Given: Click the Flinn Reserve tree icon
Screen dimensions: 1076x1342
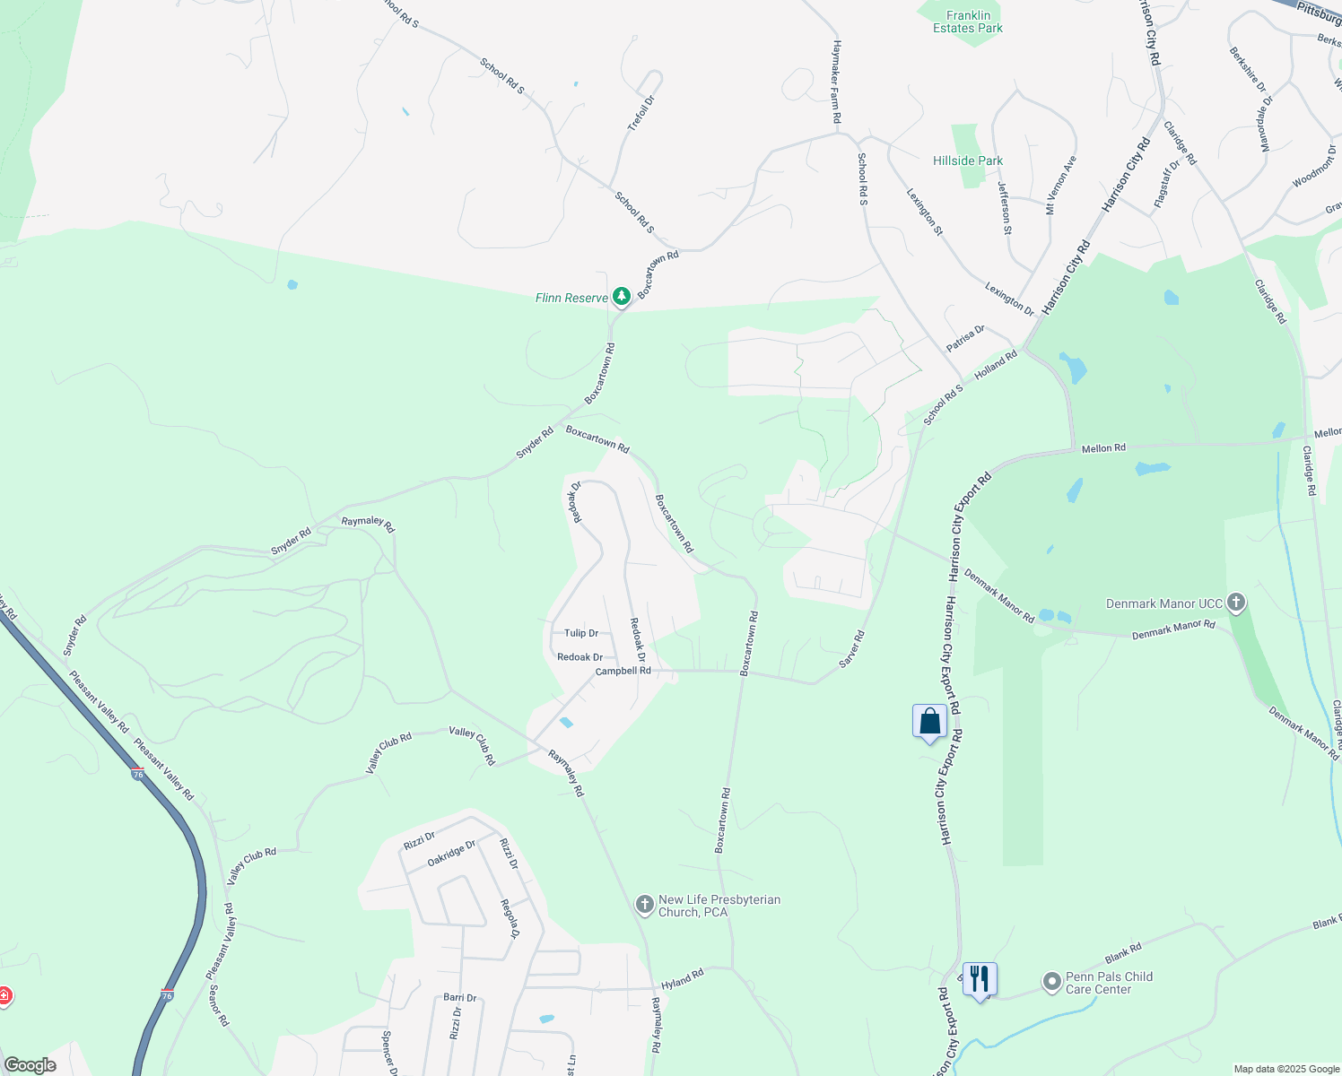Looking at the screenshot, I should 621,297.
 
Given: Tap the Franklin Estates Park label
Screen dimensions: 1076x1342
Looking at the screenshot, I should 968,22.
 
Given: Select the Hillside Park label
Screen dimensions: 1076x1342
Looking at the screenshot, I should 968,161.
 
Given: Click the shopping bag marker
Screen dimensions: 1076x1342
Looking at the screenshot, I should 929,722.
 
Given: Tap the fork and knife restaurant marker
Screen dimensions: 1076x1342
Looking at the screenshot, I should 980,978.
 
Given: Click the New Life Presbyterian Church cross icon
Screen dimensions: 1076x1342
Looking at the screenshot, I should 644,905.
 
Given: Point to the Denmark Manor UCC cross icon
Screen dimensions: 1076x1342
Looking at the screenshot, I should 1236,603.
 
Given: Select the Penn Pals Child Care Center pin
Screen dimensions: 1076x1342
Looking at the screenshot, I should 1051,983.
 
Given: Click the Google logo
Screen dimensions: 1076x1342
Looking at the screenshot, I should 30,1065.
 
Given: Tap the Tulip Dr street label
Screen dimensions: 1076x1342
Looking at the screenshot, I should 581,633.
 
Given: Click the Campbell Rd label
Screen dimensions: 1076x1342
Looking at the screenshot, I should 623,671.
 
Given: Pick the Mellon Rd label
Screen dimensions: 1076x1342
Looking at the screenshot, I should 1103,448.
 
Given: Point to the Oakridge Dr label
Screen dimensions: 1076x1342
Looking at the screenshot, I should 451,853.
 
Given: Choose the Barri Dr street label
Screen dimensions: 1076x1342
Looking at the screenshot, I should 459,998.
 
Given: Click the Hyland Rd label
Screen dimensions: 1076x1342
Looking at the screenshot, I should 683,979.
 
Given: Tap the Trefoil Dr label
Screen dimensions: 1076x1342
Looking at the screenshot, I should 641,113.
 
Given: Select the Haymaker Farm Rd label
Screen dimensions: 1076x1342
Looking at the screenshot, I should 836,81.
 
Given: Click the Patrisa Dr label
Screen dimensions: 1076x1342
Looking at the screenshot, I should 965,339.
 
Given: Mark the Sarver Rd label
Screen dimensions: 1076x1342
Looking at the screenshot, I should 851,649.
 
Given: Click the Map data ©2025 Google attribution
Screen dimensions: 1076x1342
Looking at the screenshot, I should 1285,1069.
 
